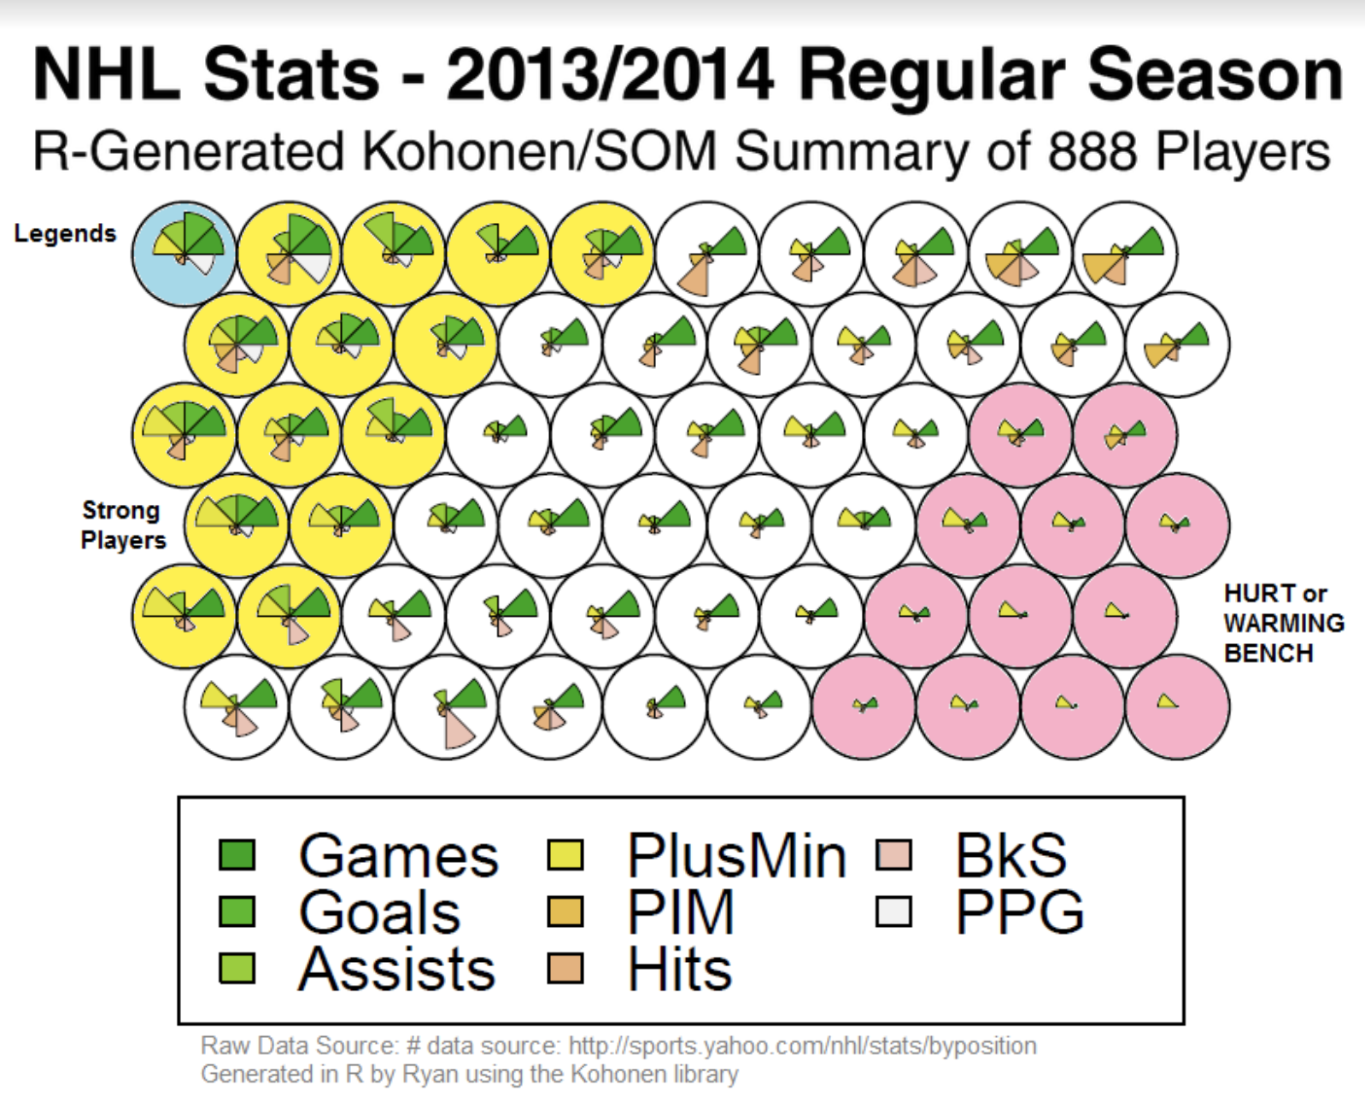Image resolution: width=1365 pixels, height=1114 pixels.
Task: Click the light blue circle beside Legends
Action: (x=184, y=253)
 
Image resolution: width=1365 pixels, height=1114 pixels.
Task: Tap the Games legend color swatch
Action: (x=237, y=855)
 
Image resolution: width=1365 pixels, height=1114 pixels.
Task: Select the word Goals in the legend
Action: (x=379, y=912)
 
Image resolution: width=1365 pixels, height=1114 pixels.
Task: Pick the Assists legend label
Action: (x=397, y=970)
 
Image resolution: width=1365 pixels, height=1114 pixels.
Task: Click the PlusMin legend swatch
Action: (x=565, y=855)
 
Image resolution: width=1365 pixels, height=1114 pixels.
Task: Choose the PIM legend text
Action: (x=681, y=912)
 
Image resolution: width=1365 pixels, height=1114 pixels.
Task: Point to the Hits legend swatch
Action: (x=565, y=969)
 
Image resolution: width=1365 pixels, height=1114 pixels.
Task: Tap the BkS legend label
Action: (x=1011, y=855)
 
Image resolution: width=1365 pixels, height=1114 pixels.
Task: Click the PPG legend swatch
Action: (x=893, y=912)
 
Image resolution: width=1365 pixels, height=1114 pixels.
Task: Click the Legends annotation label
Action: (x=65, y=233)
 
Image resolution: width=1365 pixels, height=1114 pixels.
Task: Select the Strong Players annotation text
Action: (x=122, y=525)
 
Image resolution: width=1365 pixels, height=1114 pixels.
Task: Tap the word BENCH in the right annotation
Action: (x=1268, y=654)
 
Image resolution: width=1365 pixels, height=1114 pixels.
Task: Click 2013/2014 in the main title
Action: (x=610, y=75)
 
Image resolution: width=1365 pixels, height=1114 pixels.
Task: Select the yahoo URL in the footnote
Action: (x=802, y=1046)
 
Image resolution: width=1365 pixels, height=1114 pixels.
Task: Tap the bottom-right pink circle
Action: (x=1177, y=707)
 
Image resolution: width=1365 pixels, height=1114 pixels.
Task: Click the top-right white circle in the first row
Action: (x=1125, y=253)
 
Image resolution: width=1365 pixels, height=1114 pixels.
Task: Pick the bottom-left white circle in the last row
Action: (x=237, y=707)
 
